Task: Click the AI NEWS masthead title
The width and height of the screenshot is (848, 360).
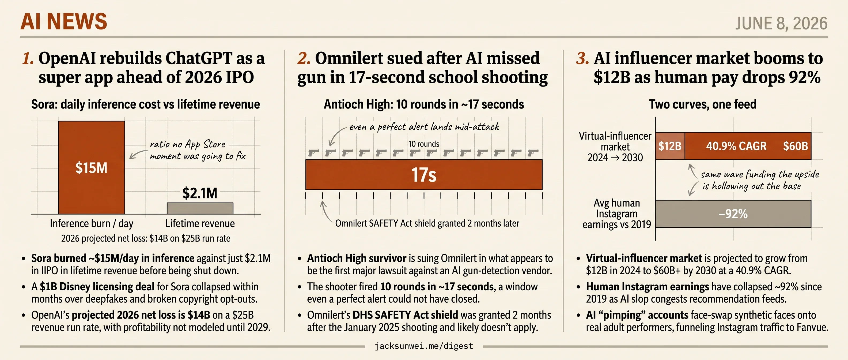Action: pyautogui.click(x=64, y=22)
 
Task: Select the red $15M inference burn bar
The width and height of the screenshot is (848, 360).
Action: pyautogui.click(x=92, y=168)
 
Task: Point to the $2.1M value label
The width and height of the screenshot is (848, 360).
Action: pyautogui.click(x=200, y=193)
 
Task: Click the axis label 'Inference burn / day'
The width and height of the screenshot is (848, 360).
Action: pyautogui.click(x=92, y=224)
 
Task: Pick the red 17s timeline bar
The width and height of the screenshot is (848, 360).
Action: pyautogui.click(x=424, y=175)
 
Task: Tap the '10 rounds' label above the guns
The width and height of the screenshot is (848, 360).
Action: pyautogui.click(x=424, y=144)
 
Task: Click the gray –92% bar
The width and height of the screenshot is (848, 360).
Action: pyautogui.click(x=733, y=214)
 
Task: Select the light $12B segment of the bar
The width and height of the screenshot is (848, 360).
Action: pyautogui.click(x=670, y=146)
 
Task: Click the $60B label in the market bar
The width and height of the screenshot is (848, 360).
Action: pyautogui.click(x=795, y=146)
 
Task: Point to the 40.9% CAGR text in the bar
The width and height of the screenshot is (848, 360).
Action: pyautogui.click(x=736, y=146)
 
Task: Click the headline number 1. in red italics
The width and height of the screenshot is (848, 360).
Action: pyautogui.click(x=28, y=58)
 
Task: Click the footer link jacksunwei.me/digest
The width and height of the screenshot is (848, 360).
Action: pyautogui.click(x=424, y=346)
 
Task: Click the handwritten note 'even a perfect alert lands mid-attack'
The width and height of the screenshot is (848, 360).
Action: pyautogui.click(x=424, y=127)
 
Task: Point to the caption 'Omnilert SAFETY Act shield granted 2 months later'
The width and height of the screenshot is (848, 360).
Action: pyautogui.click(x=427, y=223)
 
